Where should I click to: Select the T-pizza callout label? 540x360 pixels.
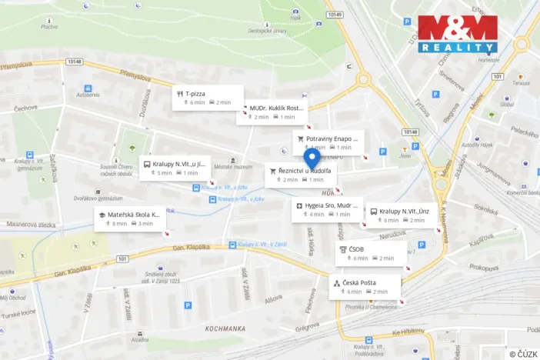click(x=204, y=97)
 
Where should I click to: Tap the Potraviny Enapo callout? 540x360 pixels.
click(x=328, y=142)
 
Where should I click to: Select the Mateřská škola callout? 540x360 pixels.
click(x=129, y=219)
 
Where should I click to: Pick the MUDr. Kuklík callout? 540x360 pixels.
click(x=273, y=112)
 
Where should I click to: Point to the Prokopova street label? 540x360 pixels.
click(x=485, y=268)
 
